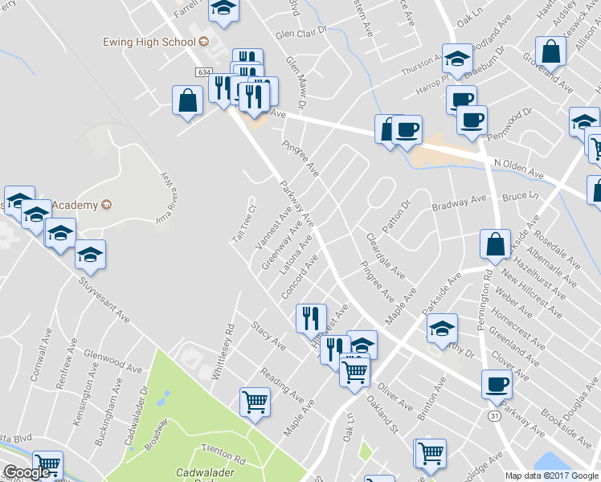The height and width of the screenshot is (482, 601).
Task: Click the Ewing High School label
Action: click(x=149, y=41)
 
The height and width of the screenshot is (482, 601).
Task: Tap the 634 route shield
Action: click(x=202, y=72)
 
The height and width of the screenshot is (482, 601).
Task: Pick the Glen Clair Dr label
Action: click(x=302, y=34)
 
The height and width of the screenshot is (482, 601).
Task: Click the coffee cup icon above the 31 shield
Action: click(x=497, y=384)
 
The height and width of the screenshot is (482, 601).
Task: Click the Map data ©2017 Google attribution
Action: click(x=552, y=475)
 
